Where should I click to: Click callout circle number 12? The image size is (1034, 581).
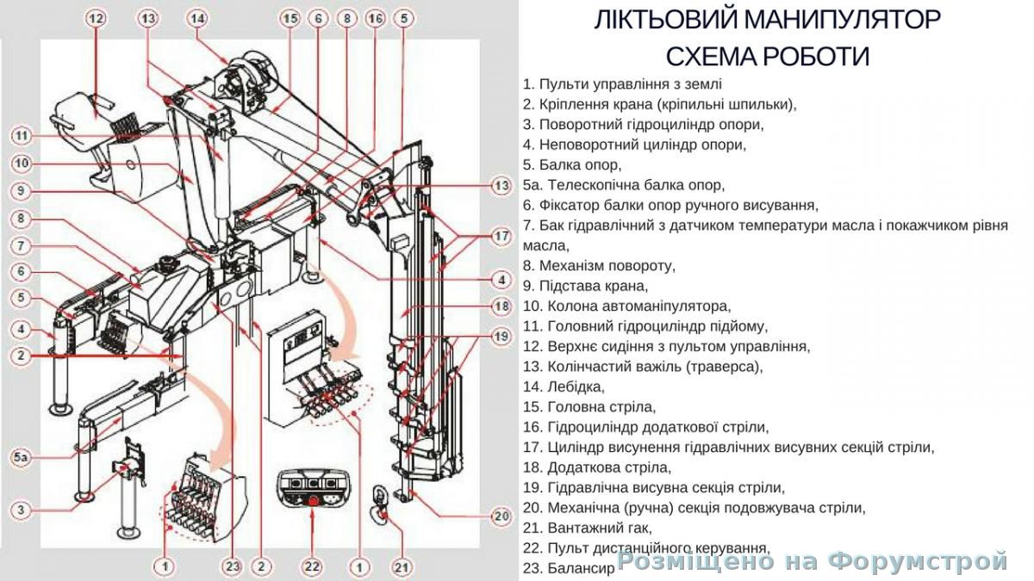click(97, 18)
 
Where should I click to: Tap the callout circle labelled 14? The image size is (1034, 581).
click(198, 18)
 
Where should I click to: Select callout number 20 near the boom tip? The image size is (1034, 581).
click(501, 516)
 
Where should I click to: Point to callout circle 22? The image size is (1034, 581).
click(311, 566)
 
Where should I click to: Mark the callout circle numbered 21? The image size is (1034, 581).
click(402, 566)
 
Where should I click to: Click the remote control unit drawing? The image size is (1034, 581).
click(313, 491)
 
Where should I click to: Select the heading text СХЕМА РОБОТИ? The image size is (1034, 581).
click(767, 57)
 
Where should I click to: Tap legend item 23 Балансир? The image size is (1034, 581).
click(570, 567)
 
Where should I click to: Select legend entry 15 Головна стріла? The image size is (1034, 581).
click(589, 406)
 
